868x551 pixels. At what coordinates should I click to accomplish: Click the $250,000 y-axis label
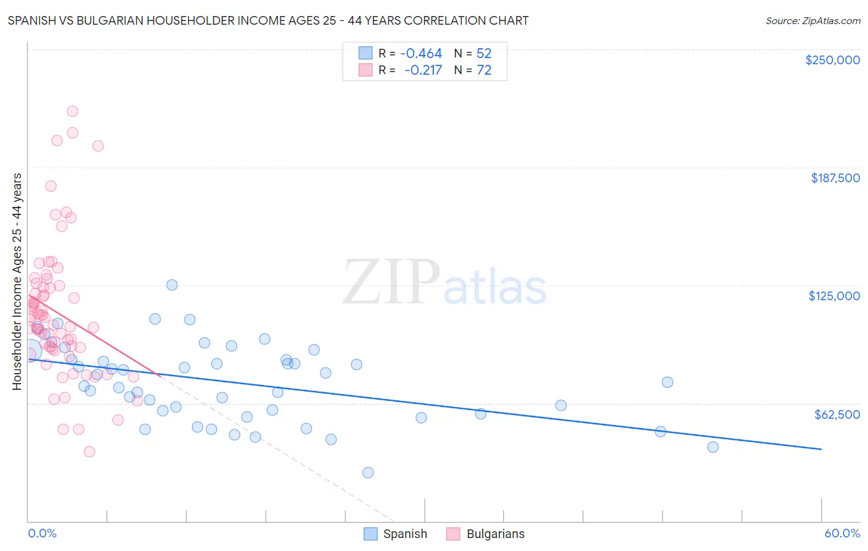pos(832,60)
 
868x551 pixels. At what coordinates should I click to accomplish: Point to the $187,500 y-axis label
pos(835,178)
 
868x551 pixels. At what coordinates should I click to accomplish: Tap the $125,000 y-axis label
pos(834,296)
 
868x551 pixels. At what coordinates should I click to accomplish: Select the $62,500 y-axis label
pos(837,414)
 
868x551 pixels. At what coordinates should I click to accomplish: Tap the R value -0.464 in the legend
pos(421,54)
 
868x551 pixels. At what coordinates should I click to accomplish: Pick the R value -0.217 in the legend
pos(423,70)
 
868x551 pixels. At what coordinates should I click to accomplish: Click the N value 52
pos(484,54)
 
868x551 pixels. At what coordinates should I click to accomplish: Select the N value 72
pos(484,70)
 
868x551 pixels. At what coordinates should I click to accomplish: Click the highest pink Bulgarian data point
pos(72,111)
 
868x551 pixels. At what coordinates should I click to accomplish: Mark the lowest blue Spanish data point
pos(368,473)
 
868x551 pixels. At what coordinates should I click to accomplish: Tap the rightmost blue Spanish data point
pos(713,447)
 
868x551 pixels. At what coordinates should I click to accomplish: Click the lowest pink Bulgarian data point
pos(90,452)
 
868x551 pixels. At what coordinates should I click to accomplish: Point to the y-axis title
pos(17,282)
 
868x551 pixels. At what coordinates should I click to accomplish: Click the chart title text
pos(268,20)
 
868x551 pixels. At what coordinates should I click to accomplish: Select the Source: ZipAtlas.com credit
pos(812,21)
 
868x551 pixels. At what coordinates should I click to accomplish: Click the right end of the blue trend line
pos(821,449)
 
